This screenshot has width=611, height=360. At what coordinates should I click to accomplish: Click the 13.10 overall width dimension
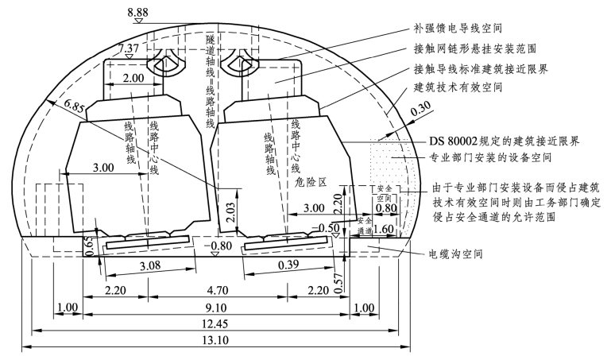(x=216, y=340)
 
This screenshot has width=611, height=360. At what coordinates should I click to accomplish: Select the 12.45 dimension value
(x=215, y=324)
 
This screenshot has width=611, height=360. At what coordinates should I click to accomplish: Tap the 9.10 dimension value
(x=215, y=308)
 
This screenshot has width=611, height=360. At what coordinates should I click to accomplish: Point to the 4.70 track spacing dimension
(x=218, y=290)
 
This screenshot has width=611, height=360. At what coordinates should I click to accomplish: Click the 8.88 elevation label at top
(x=137, y=13)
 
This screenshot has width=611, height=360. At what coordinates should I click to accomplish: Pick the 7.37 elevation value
(x=129, y=48)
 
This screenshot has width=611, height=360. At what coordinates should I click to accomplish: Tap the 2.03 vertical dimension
(x=231, y=212)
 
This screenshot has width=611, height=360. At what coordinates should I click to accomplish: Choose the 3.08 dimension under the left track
(x=149, y=265)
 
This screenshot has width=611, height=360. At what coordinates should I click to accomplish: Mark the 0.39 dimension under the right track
(x=288, y=265)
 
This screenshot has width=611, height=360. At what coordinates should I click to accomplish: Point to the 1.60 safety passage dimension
(x=384, y=229)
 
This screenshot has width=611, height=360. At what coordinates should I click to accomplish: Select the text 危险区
(x=311, y=181)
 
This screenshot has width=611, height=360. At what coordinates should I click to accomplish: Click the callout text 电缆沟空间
(x=455, y=254)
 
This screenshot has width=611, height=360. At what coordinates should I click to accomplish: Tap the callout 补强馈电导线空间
(x=458, y=28)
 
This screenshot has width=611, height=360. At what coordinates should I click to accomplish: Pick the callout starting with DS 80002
(x=505, y=141)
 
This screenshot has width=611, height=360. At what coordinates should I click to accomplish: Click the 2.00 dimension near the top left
(x=133, y=79)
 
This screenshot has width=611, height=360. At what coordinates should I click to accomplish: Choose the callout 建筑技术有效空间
(x=458, y=87)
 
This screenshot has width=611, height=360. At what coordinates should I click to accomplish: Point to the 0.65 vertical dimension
(x=89, y=246)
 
